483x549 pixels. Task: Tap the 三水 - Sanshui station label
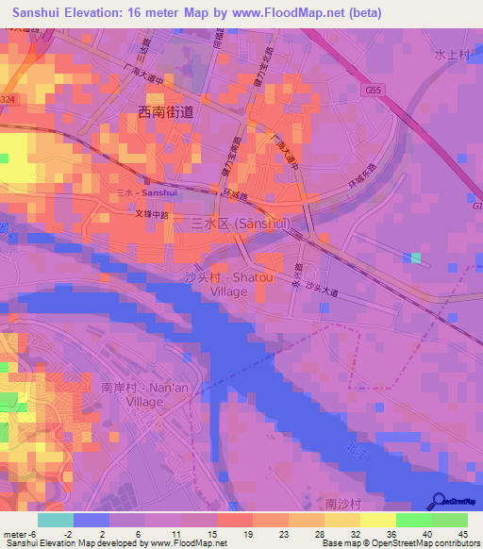click(145, 191)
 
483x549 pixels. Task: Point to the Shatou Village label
click(228, 284)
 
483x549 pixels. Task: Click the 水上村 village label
click(452, 56)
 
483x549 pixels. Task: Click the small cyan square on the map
click(416, 258)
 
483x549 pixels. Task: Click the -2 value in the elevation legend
click(81, 534)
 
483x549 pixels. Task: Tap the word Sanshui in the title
click(35, 12)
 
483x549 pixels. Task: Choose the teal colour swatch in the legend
click(55, 519)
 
